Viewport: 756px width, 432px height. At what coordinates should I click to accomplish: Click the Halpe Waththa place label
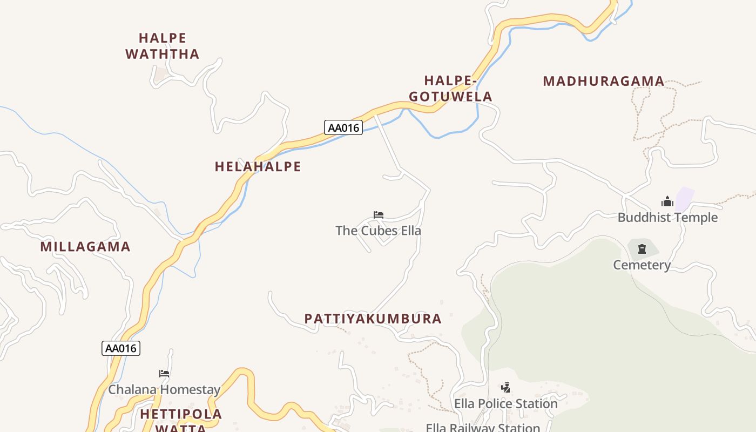(163, 46)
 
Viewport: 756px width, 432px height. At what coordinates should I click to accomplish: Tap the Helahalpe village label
(258, 167)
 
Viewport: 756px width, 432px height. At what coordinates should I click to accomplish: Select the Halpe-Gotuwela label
(450, 89)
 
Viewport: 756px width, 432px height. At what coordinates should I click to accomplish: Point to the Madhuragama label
(603, 82)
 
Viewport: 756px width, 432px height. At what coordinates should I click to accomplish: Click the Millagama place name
(85, 247)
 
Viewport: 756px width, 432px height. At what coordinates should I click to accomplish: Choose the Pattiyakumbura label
(373, 319)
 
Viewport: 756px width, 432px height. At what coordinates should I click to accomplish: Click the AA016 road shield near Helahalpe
(343, 128)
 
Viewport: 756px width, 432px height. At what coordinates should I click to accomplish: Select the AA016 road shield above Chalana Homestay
(121, 348)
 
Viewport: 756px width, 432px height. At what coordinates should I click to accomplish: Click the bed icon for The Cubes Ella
(379, 215)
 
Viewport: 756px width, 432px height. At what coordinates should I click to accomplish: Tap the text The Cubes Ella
(378, 231)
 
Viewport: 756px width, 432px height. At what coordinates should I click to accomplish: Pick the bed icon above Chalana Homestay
(164, 374)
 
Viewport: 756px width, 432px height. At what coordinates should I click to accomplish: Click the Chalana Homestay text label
(164, 390)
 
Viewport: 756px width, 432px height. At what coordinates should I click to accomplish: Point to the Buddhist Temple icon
(667, 202)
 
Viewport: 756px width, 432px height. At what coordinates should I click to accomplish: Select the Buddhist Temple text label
(667, 218)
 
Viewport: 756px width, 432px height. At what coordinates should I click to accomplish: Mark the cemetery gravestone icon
(642, 249)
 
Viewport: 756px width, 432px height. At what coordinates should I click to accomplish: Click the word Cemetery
(642, 265)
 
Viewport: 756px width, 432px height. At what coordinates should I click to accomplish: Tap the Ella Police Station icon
(505, 387)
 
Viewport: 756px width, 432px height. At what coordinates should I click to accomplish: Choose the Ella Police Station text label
(505, 404)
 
